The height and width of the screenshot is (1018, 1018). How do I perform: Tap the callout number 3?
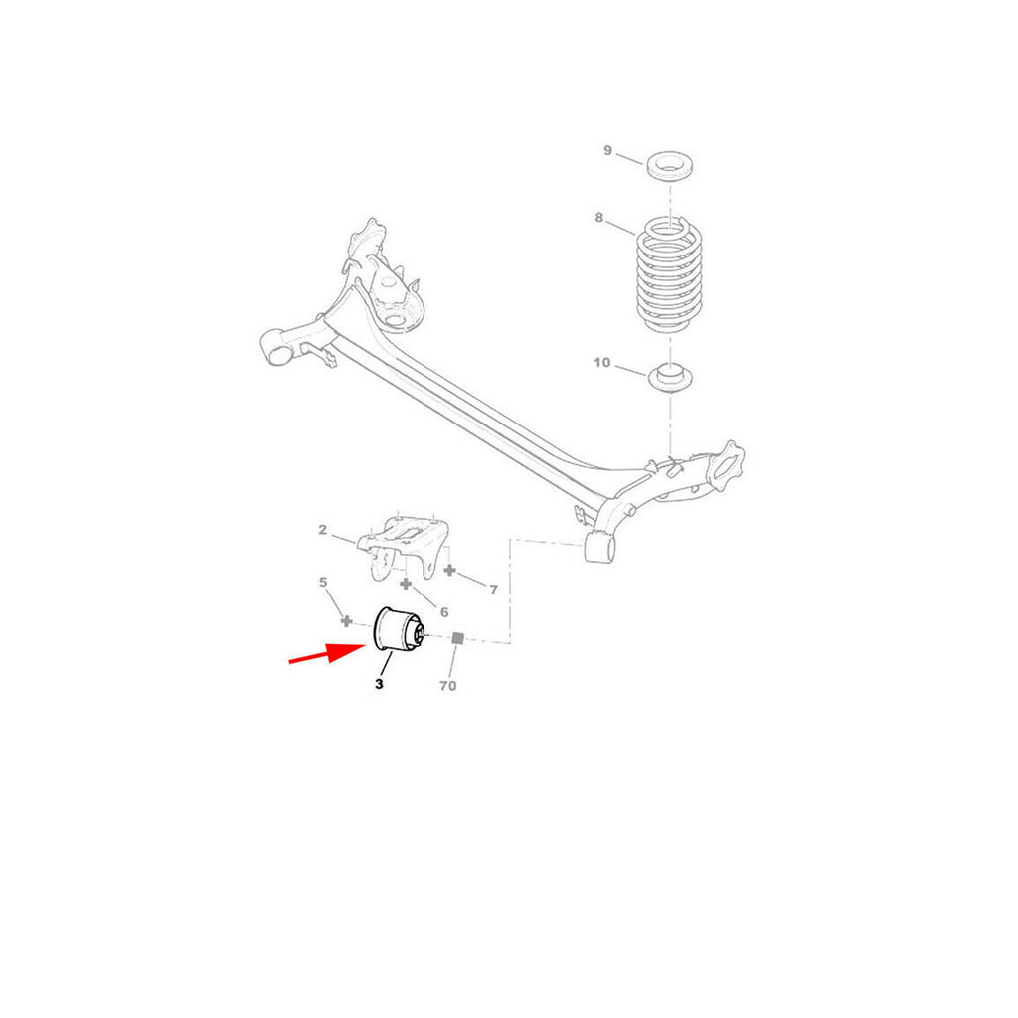[379, 684]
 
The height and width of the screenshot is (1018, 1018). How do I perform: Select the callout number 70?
[447, 686]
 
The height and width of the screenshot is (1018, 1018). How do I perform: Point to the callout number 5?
[323, 582]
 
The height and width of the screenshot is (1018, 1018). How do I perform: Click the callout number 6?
[443, 613]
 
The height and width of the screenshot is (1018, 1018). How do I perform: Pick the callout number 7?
[493, 590]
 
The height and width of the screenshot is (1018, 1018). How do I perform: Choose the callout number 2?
[323, 530]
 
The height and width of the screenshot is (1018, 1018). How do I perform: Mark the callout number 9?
[607, 151]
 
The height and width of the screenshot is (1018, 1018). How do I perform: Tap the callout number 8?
[599, 217]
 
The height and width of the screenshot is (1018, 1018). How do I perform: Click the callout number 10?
[602, 363]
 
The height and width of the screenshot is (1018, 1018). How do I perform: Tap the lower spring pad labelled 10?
[671, 378]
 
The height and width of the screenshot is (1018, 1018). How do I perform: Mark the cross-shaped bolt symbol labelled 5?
[346, 621]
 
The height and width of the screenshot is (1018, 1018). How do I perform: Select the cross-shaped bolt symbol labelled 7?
[449, 571]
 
